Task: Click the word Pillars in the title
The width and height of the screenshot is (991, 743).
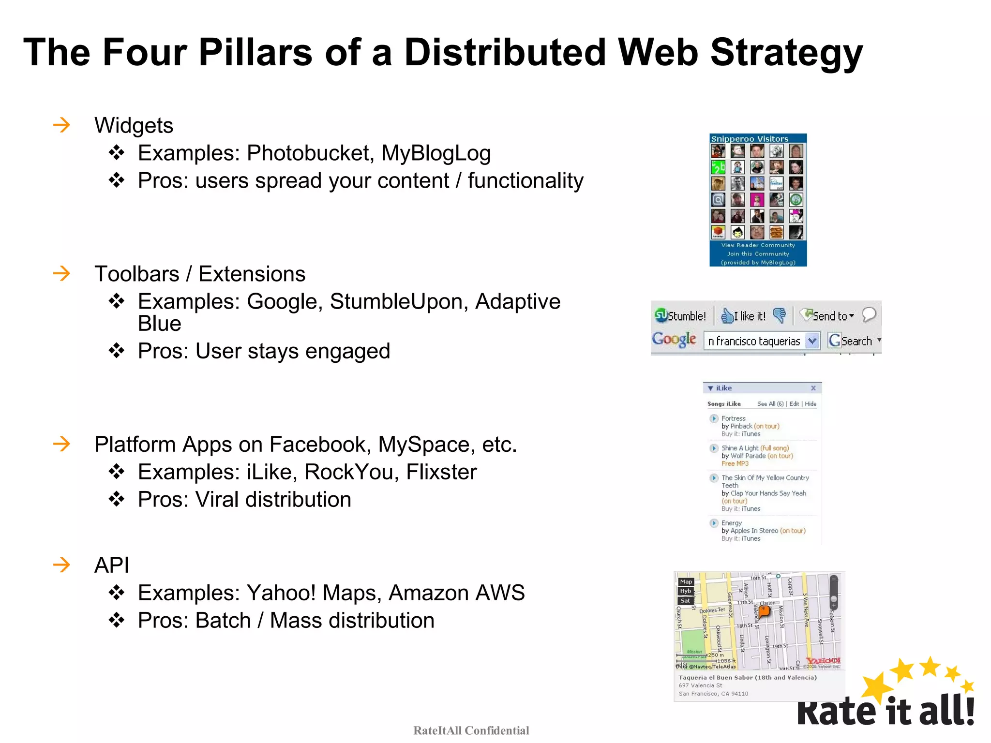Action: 255,52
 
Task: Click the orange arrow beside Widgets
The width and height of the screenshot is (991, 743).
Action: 61,125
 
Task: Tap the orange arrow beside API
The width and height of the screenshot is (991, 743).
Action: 61,565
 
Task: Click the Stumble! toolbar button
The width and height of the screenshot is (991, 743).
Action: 680,316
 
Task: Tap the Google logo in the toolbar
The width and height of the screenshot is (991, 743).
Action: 674,340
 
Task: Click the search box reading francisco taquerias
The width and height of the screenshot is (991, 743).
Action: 754,341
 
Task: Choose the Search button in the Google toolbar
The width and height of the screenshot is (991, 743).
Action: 851,341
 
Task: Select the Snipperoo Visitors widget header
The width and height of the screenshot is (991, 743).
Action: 750,139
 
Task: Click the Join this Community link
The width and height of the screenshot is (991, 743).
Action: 758,253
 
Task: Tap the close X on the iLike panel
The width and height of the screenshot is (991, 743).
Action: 813,388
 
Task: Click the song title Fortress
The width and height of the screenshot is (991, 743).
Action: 733,418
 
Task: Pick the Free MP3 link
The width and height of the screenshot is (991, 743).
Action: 735,463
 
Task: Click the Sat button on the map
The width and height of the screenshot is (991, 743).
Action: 685,601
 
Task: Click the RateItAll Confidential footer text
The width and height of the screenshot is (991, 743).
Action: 471,730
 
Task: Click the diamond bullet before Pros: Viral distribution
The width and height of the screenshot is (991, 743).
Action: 117,499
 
